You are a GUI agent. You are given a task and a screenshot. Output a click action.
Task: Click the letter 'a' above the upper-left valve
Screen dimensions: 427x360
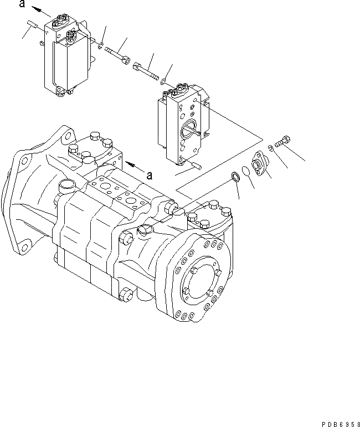pyautogui.click(x=22, y=4)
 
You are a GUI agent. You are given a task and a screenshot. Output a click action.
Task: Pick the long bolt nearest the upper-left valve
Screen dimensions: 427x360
pyautogui.click(x=116, y=53)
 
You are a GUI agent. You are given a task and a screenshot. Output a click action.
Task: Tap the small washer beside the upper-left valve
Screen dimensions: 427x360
pyautogui.click(x=100, y=44)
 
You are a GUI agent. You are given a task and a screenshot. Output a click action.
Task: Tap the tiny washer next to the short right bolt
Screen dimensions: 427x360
pyautogui.click(x=269, y=147)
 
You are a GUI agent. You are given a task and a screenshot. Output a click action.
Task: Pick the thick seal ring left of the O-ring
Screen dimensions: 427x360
pyautogui.click(x=234, y=177)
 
